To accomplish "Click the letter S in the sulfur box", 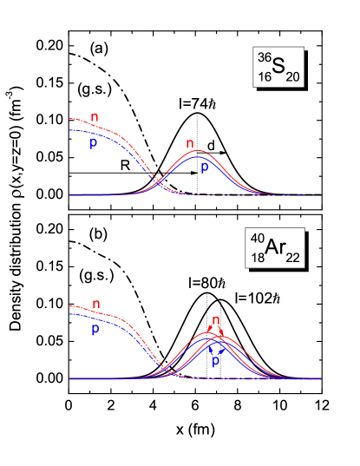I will point(279,69).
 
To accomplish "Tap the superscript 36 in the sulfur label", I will point(263,59).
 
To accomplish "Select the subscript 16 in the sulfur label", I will point(263,77).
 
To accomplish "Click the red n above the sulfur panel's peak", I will point(190,143).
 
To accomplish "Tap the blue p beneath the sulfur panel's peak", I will point(205,167).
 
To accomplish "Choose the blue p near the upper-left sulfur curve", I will point(92,143).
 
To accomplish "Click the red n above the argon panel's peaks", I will point(216,319).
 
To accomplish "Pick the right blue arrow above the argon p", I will point(224,348).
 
